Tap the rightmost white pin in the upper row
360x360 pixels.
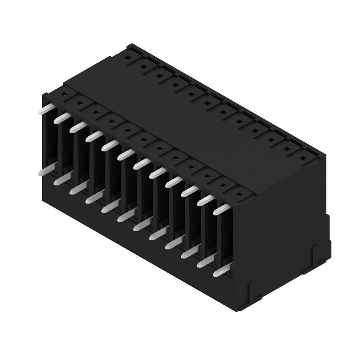pyautogui.click(x=220, y=210)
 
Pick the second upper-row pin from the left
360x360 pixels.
pyautogui.click(x=62, y=118)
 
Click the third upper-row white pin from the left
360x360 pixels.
pyautogui.click(x=78, y=127)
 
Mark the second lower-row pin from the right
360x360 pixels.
pyautogui.click(x=206, y=262)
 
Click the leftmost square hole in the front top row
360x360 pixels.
pyautogui.click(x=64, y=94)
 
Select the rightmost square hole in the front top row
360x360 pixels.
pyautogui.click(x=239, y=195)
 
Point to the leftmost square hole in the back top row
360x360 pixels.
pyautogui.click(x=127, y=58)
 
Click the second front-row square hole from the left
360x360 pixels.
pyautogui.click(x=80, y=103)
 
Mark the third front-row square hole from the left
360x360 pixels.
pyautogui.click(x=95, y=112)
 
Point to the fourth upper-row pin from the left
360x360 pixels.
pyautogui.click(x=94, y=136)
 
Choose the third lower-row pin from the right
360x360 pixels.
pyautogui.click(x=189, y=253)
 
